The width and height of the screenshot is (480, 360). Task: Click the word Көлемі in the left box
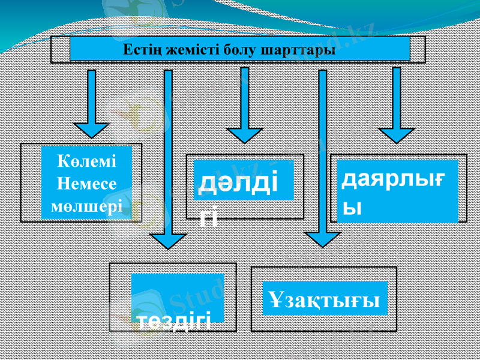(86, 161)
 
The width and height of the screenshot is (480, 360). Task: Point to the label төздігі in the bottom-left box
(174, 320)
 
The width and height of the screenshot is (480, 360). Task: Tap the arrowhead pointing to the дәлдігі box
(244, 135)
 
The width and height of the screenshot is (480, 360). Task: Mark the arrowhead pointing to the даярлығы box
(396, 135)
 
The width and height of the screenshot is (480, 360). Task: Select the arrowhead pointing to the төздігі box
(168, 240)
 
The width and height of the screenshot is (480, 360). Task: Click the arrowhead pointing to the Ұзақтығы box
(323, 239)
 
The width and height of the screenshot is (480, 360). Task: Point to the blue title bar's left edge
(71, 49)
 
